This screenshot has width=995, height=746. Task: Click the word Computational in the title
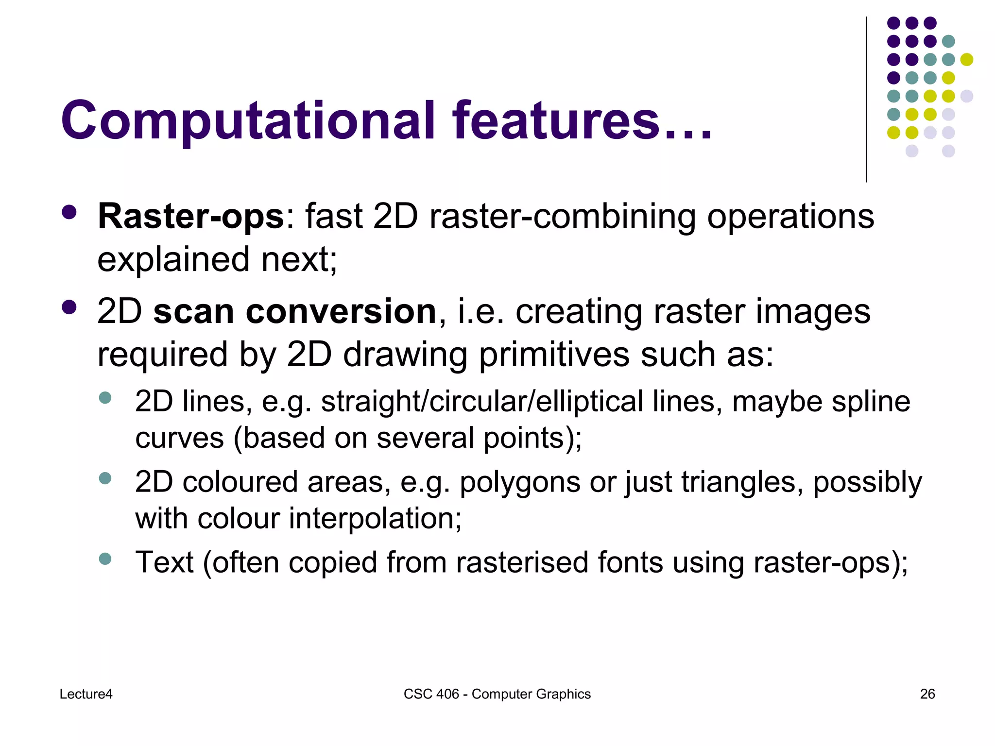248,121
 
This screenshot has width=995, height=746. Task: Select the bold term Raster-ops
190,217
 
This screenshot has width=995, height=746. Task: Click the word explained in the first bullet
173,260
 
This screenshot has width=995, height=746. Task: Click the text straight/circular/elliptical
482,402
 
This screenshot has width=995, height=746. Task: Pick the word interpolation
375,519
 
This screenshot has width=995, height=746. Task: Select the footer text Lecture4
86,694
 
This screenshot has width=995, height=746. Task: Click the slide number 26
927,694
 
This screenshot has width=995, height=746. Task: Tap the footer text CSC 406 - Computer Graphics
497,694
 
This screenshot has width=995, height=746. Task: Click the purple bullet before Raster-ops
69,212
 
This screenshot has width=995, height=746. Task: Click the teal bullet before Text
105,559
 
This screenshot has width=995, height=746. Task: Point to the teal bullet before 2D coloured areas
105,478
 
